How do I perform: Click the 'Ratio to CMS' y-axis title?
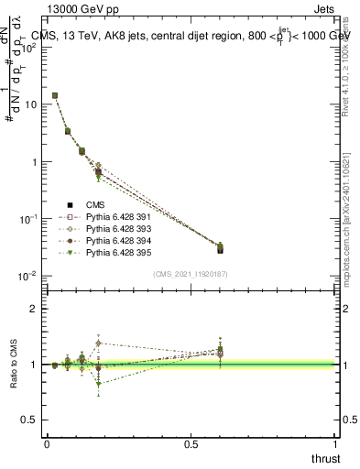[12, 365]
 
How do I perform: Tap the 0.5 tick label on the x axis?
[191, 443]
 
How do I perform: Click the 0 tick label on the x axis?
[47, 443]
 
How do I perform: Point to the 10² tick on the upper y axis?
[33, 48]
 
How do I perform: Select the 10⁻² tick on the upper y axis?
[33, 276]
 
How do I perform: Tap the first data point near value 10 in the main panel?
[55, 95]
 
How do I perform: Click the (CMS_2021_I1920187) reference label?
[191, 274]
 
